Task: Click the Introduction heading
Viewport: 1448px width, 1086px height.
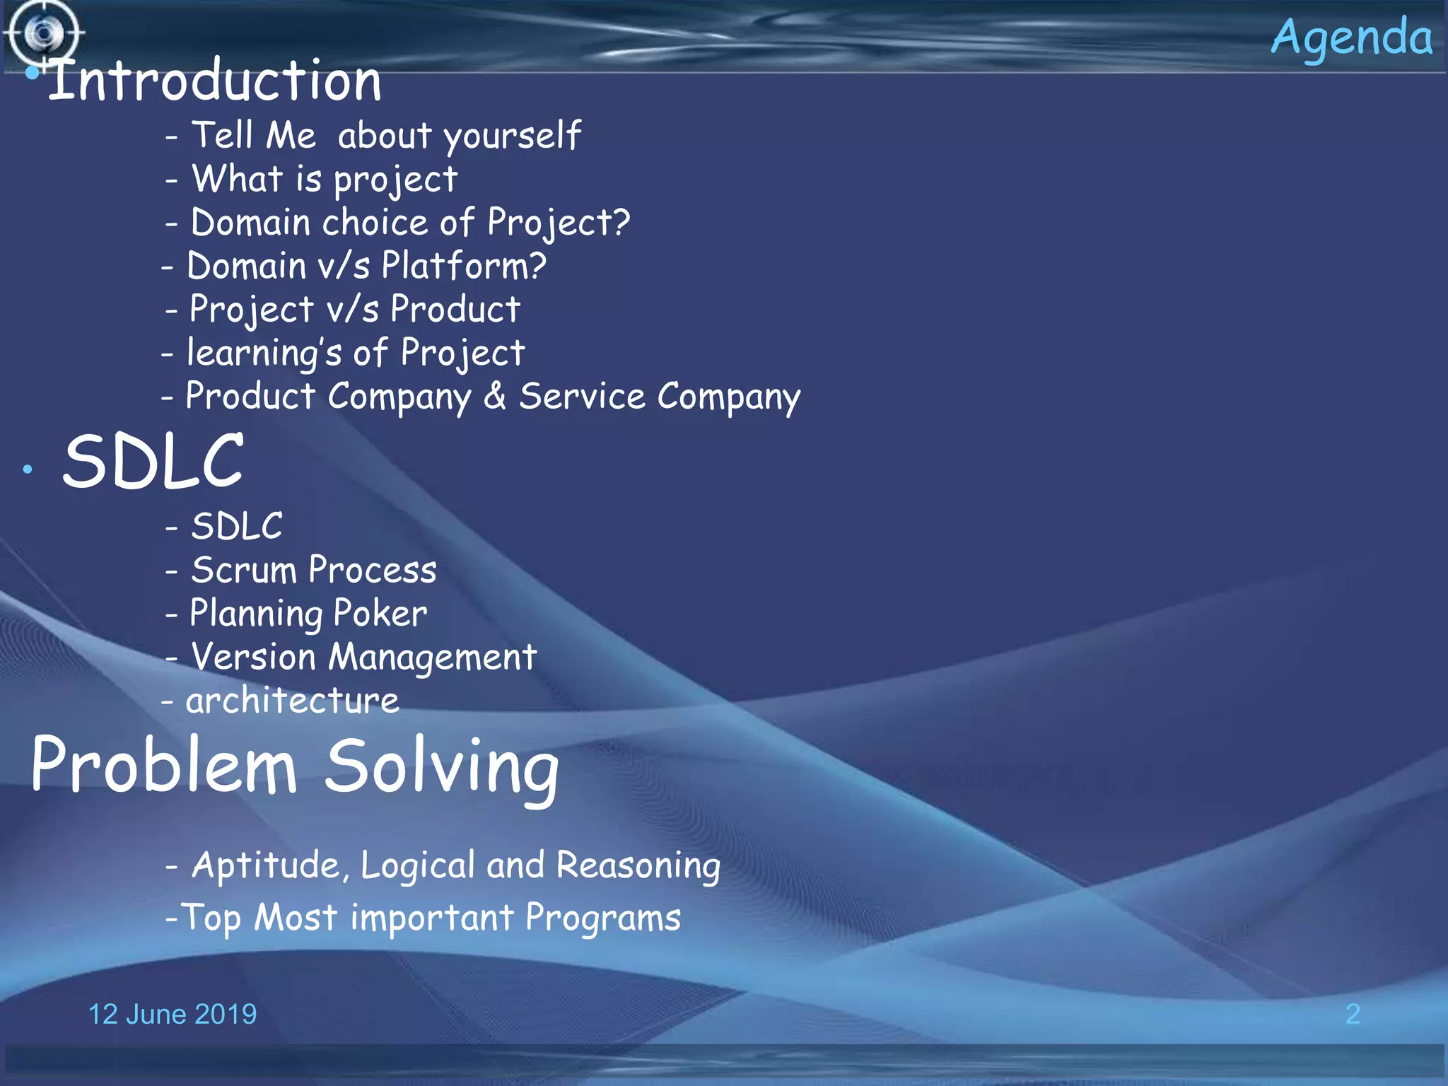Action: (x=214, y=81)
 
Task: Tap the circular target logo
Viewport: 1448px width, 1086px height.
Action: (x=45, y=33)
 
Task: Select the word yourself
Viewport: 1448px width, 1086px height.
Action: (x=512, y=136)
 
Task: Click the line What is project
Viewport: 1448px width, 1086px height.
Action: (x=325, y=180)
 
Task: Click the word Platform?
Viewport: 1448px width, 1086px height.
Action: (x=464, y=267)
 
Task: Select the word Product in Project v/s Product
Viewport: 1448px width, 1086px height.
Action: (x=455, y=310)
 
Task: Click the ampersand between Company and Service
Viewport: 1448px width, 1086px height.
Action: (x=495, y=396)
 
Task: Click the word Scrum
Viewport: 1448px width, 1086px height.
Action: (x=243, y=570)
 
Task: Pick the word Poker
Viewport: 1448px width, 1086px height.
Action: (x=380, y=613)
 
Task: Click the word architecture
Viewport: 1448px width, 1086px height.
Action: (x=292, y=701)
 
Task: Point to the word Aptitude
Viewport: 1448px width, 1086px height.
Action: (x=271, y=865)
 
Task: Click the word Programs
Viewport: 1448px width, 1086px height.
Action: (x=602, y=918)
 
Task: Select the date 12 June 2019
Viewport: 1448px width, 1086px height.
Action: (x=173, y=1014)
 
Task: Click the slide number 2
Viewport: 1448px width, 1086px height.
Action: (x=1353, y=1014)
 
